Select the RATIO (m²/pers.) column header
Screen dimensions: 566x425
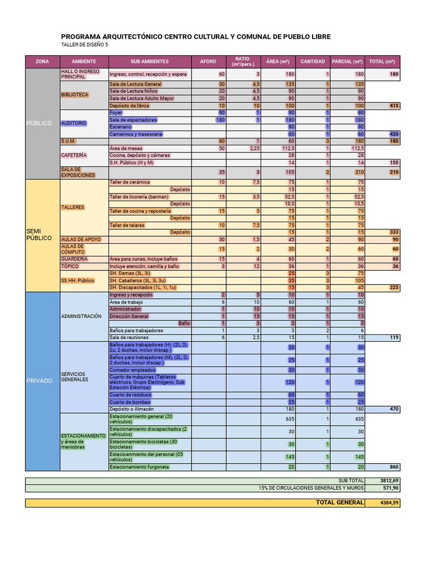242,61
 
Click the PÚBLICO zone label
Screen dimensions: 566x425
39,123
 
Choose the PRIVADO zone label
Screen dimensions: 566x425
39,380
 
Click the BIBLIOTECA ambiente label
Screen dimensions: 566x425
75,95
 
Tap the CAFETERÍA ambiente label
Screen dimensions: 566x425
74,155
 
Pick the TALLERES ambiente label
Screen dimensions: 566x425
73,207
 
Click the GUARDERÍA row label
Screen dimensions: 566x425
75,259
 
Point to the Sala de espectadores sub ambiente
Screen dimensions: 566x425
133,120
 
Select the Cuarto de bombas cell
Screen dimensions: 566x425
130,402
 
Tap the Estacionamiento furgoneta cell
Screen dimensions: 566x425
139,467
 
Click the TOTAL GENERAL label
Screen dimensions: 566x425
339,502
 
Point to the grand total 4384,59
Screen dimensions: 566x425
389,503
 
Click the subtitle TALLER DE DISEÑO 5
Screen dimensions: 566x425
85,45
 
